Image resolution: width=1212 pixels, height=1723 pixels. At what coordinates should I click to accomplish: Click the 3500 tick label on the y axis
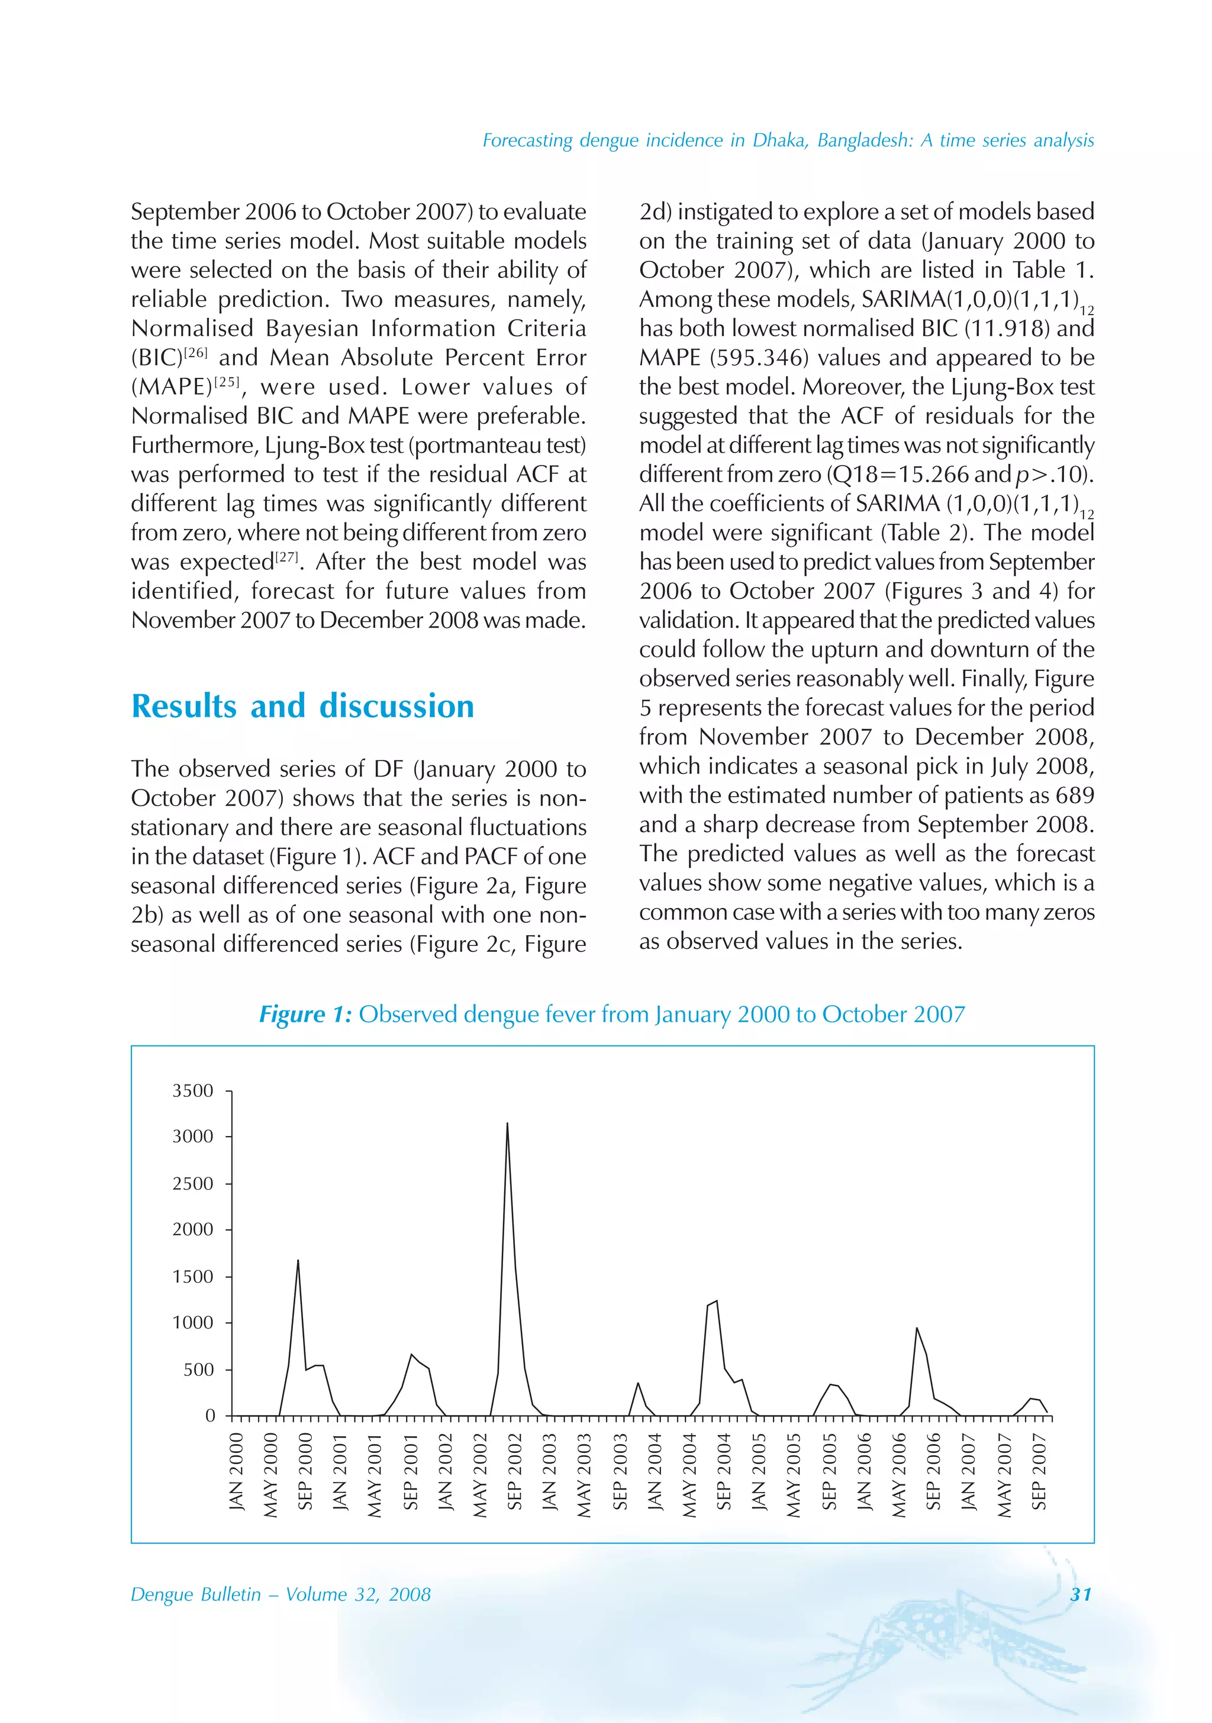[193, 1090]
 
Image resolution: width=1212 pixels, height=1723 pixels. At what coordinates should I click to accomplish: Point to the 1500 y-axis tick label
[193, 1276]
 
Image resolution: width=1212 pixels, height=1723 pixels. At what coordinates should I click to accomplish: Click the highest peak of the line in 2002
[507, 1124]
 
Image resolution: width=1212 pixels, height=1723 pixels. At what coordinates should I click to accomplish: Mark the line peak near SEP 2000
[298, 1261]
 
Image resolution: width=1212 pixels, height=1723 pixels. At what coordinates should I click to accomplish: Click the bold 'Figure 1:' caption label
[305, 1015]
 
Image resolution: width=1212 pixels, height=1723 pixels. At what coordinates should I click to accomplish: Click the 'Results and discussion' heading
[302, 706]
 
